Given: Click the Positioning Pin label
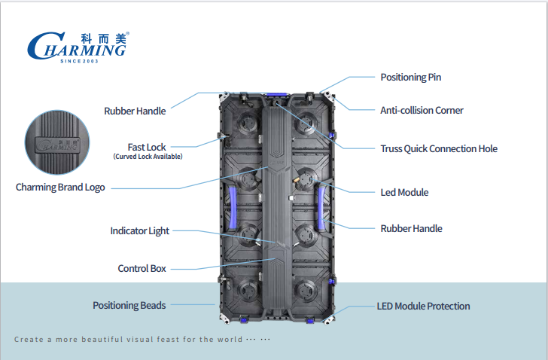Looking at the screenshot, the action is point(411,78).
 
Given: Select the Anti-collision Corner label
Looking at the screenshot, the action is point(422,111).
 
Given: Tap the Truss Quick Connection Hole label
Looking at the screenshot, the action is point(439,149).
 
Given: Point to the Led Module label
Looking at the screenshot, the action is point(404,192).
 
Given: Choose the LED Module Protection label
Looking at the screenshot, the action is point(423,307).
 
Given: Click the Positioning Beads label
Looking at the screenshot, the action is point(129,306).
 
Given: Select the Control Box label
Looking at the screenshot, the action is point(142,268).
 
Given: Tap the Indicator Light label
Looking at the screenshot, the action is point(140,231).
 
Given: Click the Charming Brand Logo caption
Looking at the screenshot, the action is point(60,188).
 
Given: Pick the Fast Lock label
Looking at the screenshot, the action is point(147,147).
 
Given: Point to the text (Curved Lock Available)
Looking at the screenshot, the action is point(148,157).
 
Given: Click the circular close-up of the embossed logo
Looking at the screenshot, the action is point(57,142).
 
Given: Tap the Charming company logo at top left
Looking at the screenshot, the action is point(78,47).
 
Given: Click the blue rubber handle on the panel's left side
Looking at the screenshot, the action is point(233,209).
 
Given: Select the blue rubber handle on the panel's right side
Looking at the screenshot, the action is point(321,209).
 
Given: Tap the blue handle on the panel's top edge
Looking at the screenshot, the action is point(277,94).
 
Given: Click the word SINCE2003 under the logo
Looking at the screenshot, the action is point(79,61).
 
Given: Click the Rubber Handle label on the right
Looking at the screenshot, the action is point(411,229).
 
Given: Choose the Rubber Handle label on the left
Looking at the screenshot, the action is point(135,111).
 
